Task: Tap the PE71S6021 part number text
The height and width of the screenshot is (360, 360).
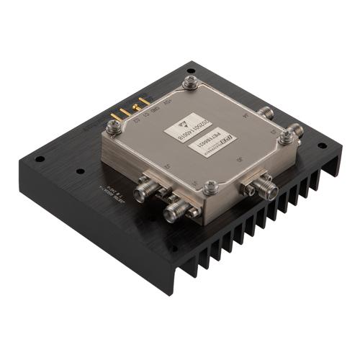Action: click(216, 144)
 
